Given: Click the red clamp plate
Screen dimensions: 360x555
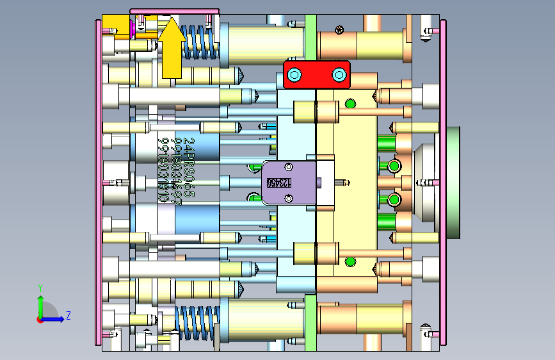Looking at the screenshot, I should pos(316,75).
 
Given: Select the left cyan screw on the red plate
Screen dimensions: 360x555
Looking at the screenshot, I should pos(294,76).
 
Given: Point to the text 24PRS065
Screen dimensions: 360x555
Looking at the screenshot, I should pos(188,168).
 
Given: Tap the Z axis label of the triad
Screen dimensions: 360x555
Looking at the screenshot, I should pos(68,316).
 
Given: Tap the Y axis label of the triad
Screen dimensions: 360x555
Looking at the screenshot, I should pos(40,288).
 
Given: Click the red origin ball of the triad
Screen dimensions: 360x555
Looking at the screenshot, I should pos(40,319).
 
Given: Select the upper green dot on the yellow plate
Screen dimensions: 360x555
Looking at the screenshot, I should pos(350,103).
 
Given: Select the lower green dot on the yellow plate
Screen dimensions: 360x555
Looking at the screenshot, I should pos(350,261).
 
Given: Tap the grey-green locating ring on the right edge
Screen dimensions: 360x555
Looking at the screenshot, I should pos(453,183).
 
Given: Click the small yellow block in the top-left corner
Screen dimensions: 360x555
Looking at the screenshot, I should pos(117,28).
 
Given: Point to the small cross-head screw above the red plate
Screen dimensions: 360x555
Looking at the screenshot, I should pos(339,29).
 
